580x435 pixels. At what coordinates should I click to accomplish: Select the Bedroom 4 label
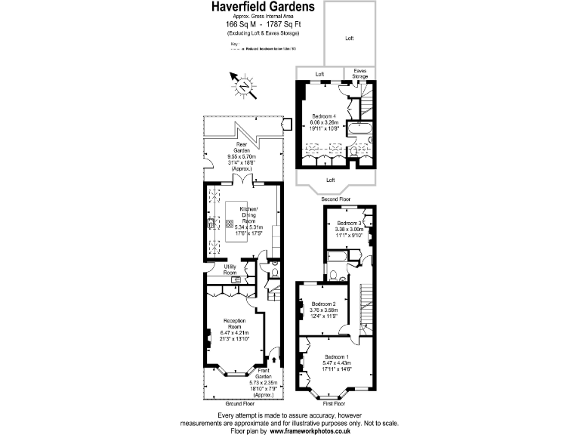325,116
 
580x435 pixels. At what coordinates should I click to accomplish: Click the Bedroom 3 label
350,224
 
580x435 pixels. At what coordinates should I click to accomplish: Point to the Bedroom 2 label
323,304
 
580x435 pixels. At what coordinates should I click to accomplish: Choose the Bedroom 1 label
337,356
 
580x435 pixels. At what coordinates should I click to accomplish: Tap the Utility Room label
230,270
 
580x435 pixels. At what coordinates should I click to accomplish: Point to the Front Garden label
264,373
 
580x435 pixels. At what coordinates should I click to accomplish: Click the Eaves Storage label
360,74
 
